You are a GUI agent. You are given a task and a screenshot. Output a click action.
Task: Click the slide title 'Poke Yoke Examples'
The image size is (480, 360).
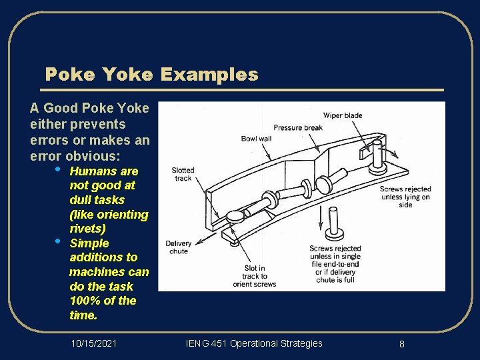point(151,74)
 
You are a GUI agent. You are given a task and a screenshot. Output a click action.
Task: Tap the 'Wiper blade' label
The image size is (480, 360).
point(343,115)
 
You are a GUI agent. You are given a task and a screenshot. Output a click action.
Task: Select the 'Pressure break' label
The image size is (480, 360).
point(298,127)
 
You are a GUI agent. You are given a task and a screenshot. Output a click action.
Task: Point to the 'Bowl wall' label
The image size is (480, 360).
point(256,139)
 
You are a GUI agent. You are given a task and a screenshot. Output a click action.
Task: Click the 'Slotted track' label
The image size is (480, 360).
point(183,175)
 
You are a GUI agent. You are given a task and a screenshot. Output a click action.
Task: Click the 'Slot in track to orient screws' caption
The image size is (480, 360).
point(254,276)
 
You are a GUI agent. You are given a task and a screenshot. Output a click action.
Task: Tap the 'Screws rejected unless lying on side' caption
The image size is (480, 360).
point(405,197)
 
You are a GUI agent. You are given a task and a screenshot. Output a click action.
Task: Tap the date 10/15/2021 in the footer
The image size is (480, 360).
point(93,343)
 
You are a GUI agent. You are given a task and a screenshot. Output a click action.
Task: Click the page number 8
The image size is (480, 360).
point(402,344)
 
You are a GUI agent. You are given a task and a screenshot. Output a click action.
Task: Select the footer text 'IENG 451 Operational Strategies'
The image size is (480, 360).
point(254,343)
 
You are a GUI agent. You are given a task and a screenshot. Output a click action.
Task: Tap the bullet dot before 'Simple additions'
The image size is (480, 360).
point(58,241)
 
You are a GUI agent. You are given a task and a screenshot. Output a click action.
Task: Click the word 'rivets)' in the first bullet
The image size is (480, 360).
point(87,229)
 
